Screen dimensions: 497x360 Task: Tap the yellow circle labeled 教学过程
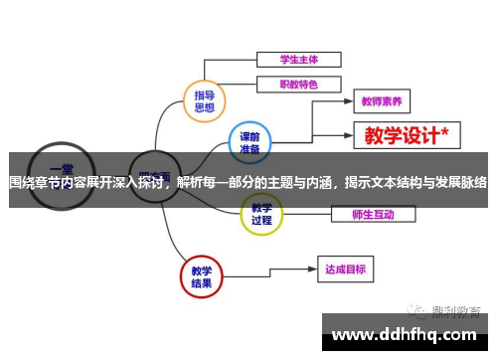(x=261, y=214)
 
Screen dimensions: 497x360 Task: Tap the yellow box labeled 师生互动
(x=373, y=213)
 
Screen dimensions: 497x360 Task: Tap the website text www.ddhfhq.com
(x=406, y=329)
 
